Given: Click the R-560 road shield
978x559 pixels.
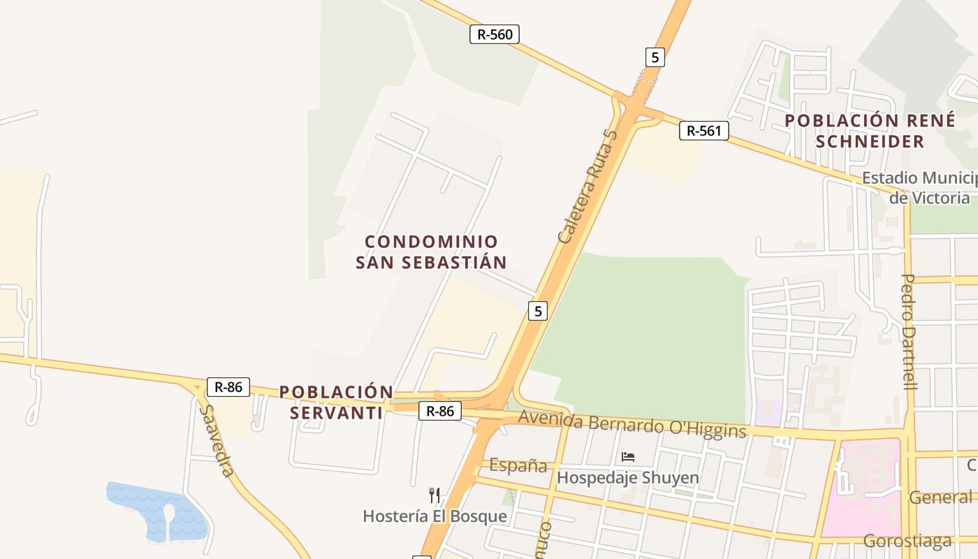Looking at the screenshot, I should (x=495, y=34).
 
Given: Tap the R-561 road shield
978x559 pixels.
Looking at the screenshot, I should (x=704, y=131).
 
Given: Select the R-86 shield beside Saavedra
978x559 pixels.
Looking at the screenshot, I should (x=228, y=387).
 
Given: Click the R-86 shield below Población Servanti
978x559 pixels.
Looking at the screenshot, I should (x=440, y=412).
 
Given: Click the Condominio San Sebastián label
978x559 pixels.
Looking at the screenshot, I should (x=431, y=252).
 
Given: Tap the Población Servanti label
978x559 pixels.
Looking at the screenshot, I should (x=336, y=402).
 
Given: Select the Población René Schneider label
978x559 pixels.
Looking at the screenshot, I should (x=870, y=131).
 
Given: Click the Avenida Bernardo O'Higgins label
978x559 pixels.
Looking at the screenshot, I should (x=633, y=424).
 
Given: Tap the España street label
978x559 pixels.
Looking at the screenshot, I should (x=518, y=465).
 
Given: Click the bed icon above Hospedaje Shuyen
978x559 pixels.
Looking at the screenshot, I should (x=628, y=457).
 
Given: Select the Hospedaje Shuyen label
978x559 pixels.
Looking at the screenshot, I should (x=628, y=478).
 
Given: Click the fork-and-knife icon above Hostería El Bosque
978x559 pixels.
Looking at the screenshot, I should (x=435, y=495).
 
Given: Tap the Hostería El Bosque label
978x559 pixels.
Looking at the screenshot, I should (x=435, y=516).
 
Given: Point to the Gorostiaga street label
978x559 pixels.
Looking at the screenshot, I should (x=907, y=541).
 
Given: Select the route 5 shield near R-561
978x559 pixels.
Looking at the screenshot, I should (x=655, y=57).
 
